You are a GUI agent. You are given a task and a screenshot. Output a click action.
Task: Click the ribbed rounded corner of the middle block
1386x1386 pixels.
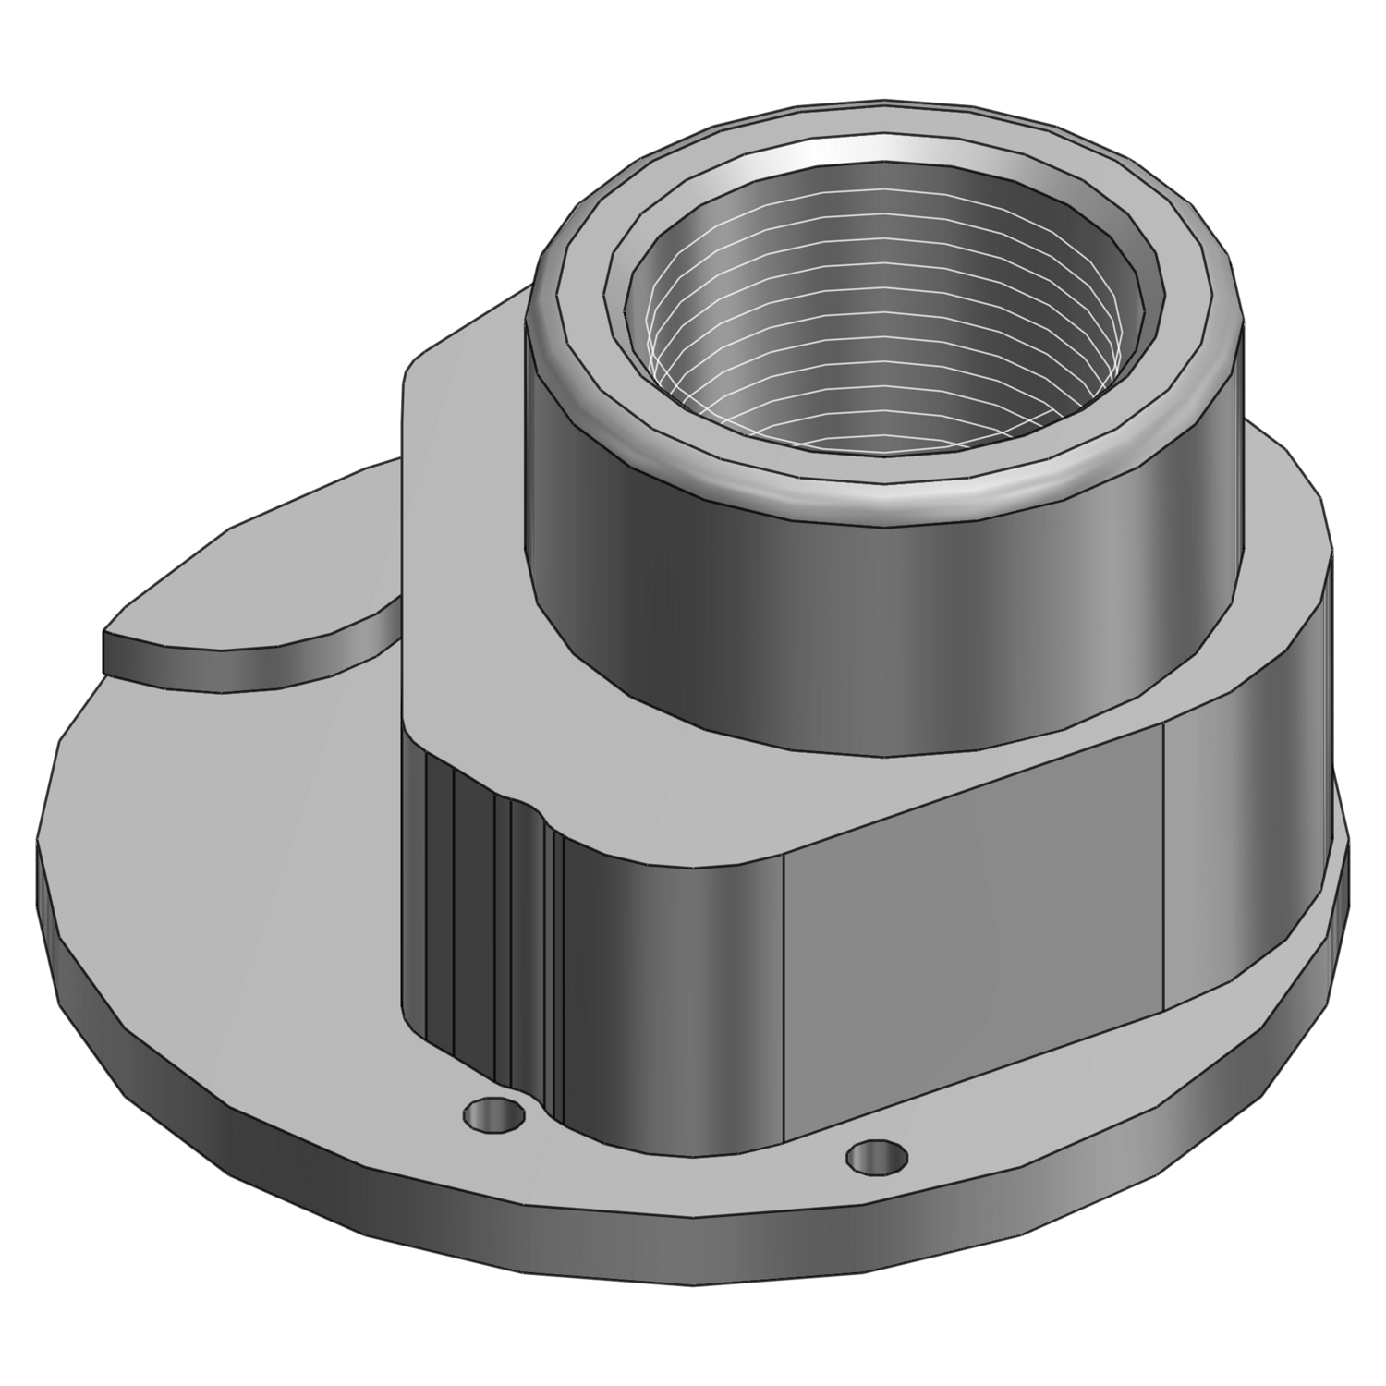[x=480, y=924]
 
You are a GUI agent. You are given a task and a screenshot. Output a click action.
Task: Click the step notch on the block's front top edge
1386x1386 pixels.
[x=531, y=813]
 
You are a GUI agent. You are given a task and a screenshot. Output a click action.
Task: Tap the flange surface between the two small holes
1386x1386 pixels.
[x=684, y=1155]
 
